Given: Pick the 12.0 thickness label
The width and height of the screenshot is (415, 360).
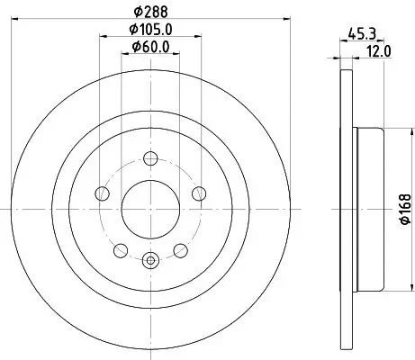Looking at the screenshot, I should pyautogui.click(x=379, y=51).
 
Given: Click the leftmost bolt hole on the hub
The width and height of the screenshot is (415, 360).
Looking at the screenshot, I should pyautogui.click(x=101, y=192).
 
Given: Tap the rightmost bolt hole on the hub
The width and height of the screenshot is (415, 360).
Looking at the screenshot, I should pyautogui.click(x=198, y=192).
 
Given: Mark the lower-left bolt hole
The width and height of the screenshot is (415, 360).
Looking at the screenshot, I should pyautogui.click(x=120, y=247).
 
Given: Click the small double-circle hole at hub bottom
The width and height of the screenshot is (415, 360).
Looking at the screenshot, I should pyautogui.click(x=149, y=262).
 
